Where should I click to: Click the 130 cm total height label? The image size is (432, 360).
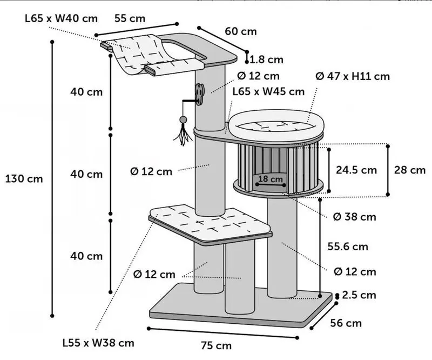(x=24, y=178)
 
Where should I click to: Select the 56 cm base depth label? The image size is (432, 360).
(x=346, y=323)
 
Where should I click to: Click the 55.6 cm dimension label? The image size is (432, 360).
(x=348, y=246)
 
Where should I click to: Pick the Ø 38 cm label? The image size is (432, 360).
(x=354, y=217)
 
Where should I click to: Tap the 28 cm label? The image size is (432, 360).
(x=409, y=170)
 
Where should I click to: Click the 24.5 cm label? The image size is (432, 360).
(x=356, y=170)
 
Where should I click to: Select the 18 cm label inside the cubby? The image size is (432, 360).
(x=270, y=178)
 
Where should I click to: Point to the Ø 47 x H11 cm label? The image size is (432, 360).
(x=352, y=76)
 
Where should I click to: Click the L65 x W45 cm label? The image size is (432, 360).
(x=268, y=91)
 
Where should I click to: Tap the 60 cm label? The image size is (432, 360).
(x=240, y=31)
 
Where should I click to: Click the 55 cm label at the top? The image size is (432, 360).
(x=130, y=18)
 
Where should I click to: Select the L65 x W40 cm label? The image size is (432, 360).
(x=61, y=18)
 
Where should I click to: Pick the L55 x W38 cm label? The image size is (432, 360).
(x=98, y=343)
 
